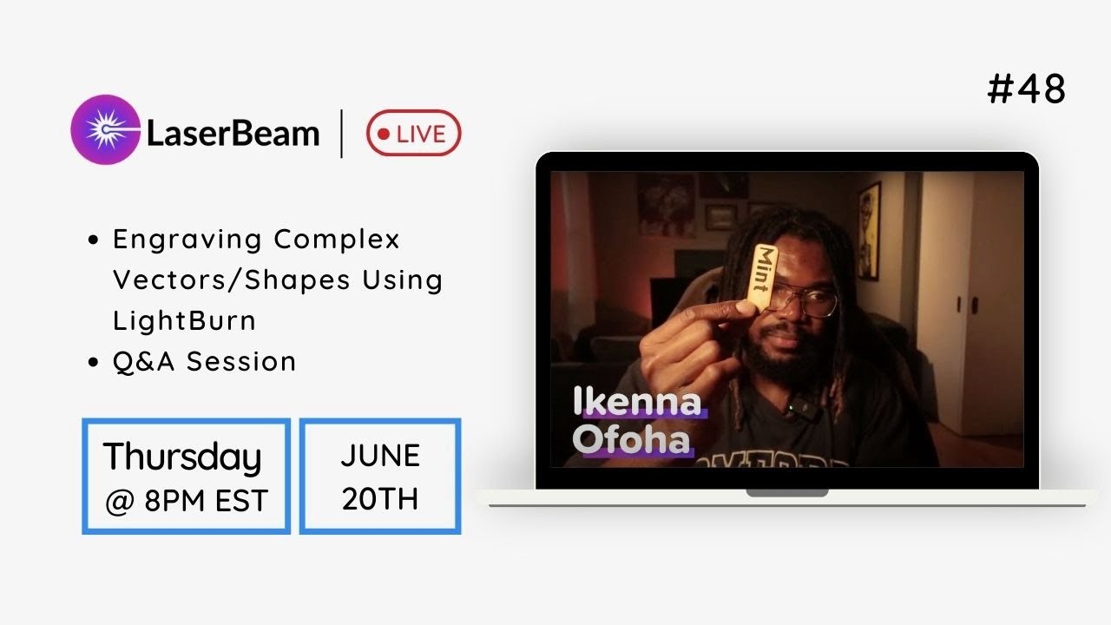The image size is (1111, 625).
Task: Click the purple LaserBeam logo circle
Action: click(x=105, y=129)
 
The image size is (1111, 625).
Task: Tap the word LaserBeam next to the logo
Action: click(x=233, y=134)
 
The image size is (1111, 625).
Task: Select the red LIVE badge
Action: click(x=413, y=134)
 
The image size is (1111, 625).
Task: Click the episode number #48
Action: click(x=1027, y=89)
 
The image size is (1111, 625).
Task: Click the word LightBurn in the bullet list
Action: click(x=184, y=320)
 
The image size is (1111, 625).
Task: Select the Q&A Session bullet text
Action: click(x=205, y=361)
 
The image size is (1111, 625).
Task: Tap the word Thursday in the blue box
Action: click(x=182, y=457)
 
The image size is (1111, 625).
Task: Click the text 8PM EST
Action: click(x=206, y=501)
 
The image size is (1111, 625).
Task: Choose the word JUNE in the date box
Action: click(x=380, y=456)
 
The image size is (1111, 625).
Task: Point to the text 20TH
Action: click(x=380, y=499)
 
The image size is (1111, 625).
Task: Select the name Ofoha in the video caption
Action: click(x=631, y=441)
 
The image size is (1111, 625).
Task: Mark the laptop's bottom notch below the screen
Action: click(x=786, y=493)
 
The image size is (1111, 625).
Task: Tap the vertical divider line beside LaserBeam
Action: click(x=341, y=134)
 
